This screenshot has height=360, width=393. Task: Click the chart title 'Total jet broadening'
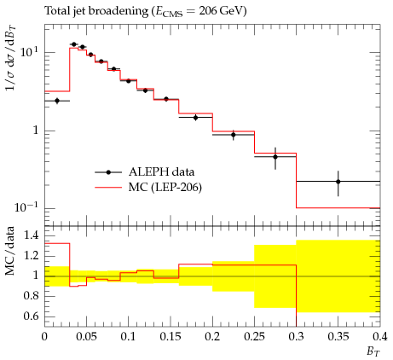click(x=96, y=11)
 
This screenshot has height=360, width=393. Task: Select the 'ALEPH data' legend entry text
click(x=161, y=172)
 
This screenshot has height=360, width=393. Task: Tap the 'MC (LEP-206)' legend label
click(x=165, y=188)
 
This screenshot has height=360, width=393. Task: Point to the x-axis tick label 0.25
click(x=254, y=337)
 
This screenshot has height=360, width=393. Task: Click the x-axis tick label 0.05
click(x=86, y=337)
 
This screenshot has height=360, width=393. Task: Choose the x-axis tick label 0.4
click(x=380, y=337)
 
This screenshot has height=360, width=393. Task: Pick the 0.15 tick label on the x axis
click(x=170, y=337)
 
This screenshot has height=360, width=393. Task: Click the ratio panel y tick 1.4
click(x=31, y=235)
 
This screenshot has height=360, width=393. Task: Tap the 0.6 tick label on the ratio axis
click(x=31, y=316)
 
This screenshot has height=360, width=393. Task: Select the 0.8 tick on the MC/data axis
click(x=31, y=296)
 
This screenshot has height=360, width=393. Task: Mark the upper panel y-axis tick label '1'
click(x=36, y=131)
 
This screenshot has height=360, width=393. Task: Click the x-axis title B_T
click(x=373, y=351)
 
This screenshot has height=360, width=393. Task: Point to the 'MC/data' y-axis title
click(x=10, y=251)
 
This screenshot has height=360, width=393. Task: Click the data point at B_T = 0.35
click(x=338, y=182)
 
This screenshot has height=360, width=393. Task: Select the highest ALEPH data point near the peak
click(x=74, y=44)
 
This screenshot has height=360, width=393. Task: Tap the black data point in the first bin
click(x=57, y=101)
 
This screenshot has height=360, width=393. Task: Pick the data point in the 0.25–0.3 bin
click(x=275, y=157)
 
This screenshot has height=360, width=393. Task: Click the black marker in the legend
click(x=108, y=172)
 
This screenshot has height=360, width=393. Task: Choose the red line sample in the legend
click(x=108, y=188)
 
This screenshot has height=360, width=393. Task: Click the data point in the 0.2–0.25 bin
click(x=234, y=135)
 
